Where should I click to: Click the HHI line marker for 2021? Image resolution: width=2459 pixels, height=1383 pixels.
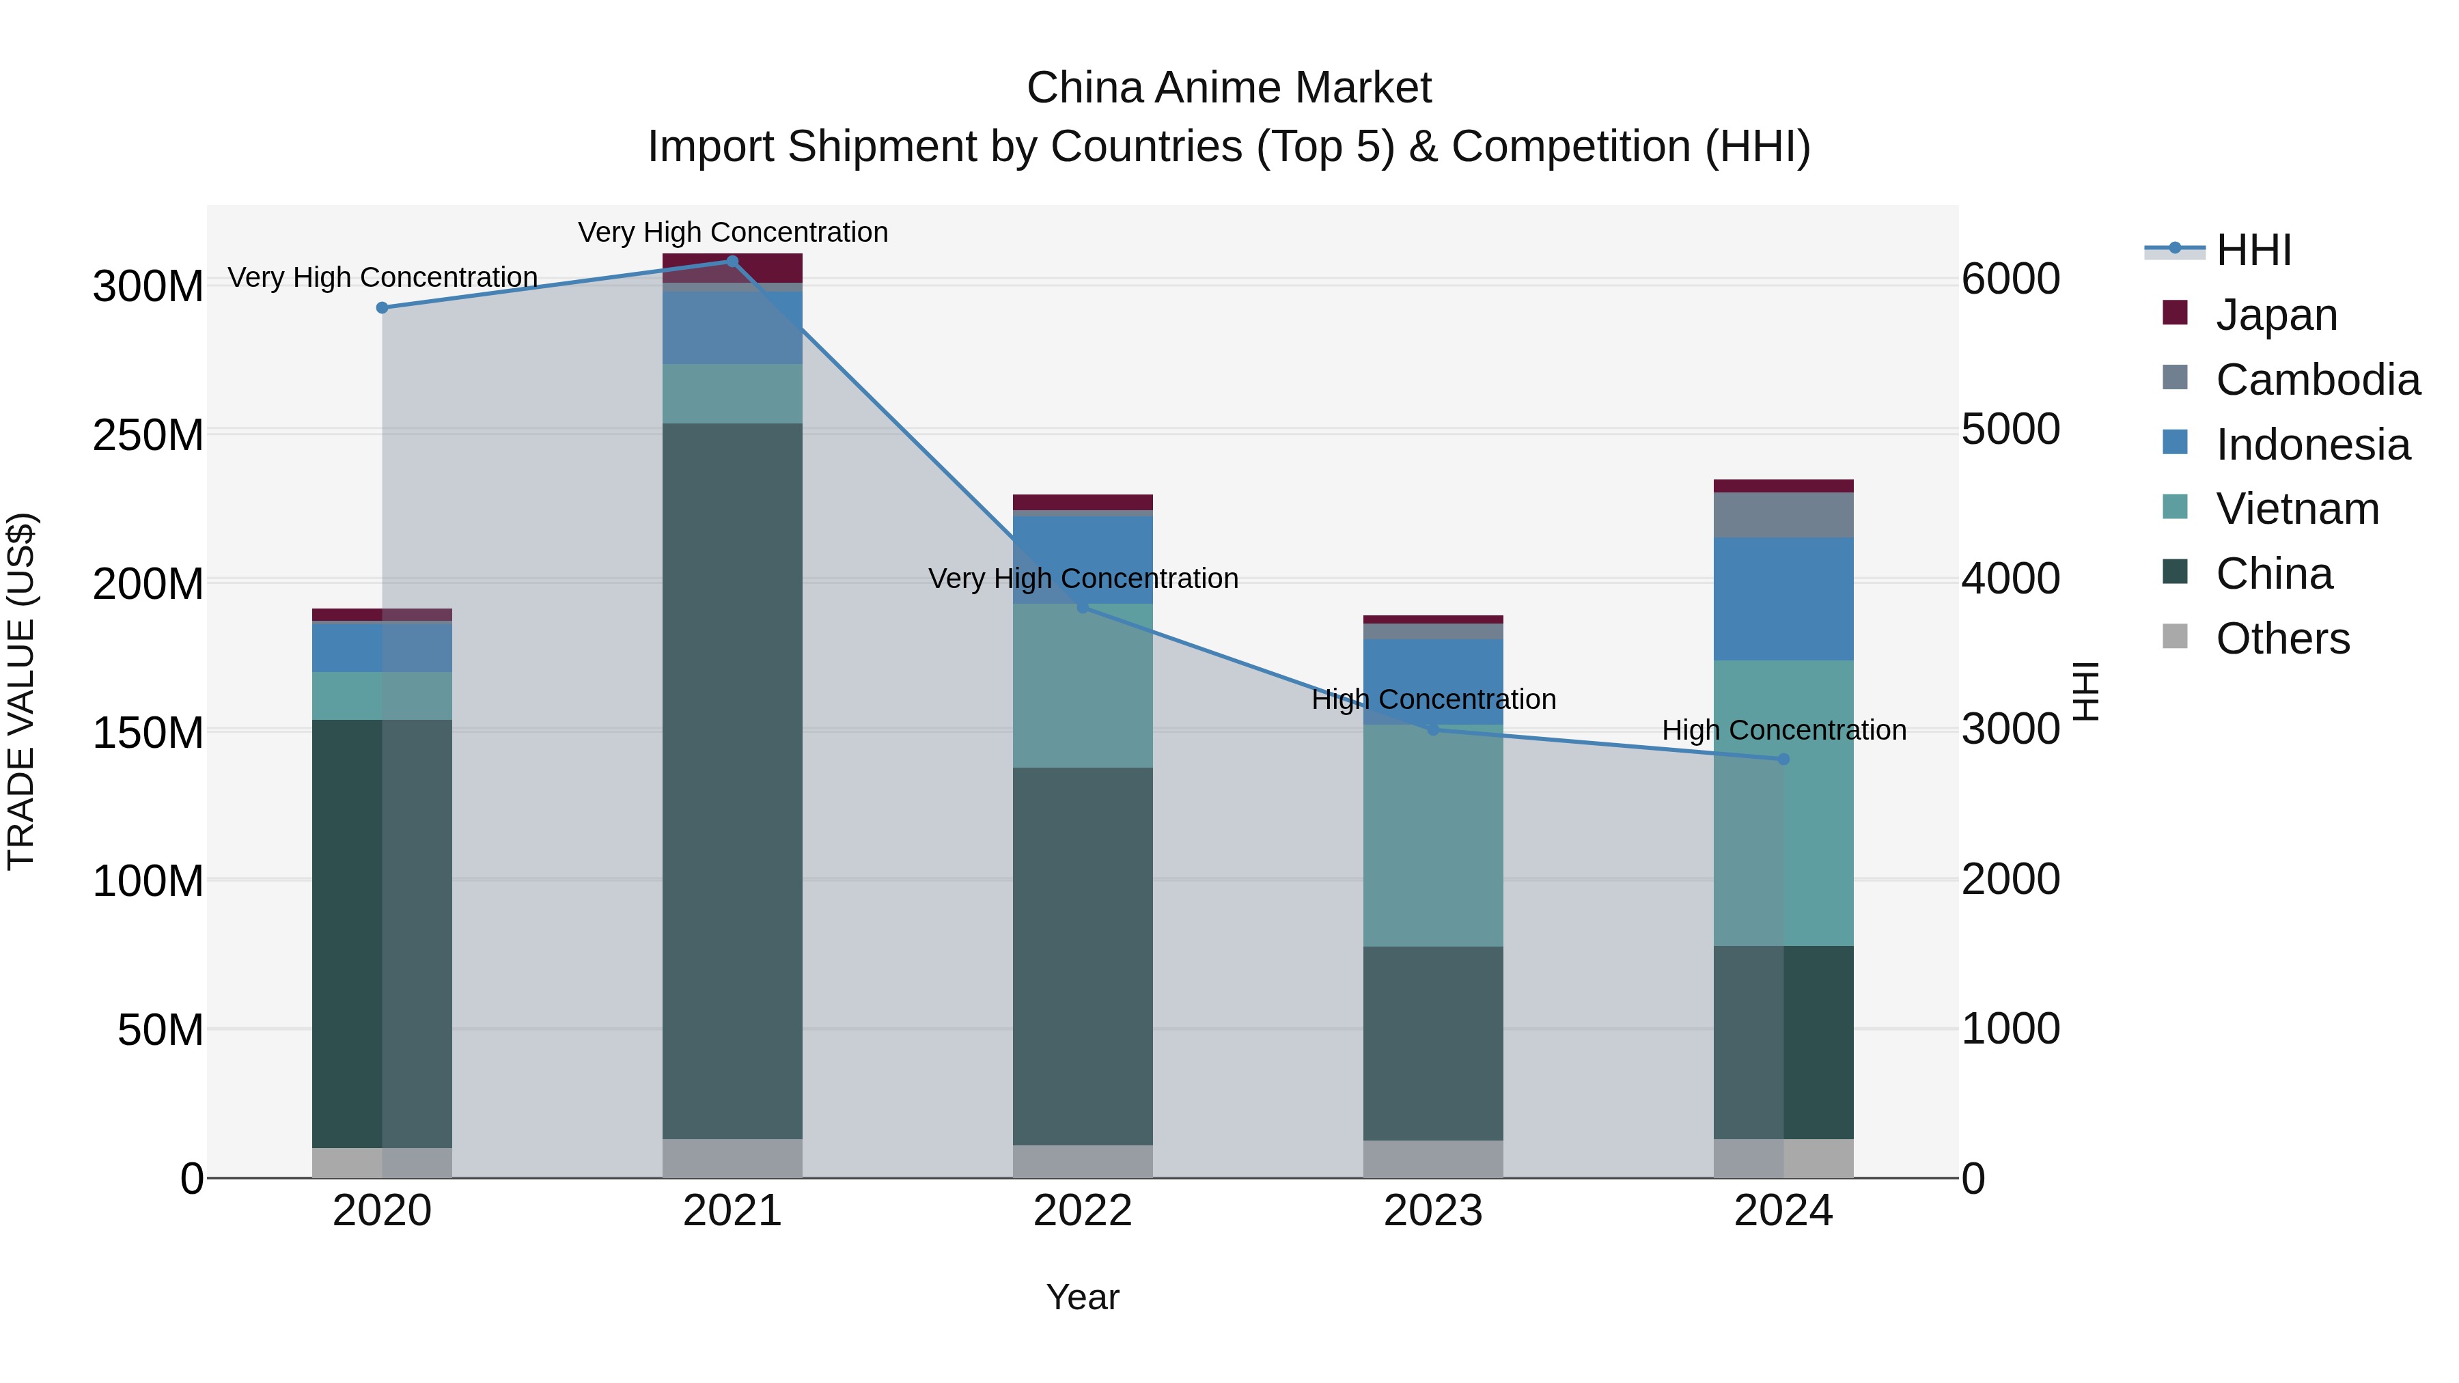[x=732, y=262]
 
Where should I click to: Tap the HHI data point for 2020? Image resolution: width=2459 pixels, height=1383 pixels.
[x=382, y=307]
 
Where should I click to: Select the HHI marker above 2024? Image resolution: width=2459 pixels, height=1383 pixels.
[x=1783, y=759]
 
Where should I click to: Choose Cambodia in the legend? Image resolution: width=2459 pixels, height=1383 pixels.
[x=2317, y=380]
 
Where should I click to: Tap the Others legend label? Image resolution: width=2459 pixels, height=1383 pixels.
[x=2282, y=639]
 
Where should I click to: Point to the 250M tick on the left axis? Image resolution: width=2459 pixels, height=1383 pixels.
[x=148, y=435]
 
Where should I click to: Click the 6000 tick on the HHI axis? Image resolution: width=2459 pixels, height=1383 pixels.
[x=2010, y=279]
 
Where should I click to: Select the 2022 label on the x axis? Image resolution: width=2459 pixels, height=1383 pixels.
[x=1083, y=1211]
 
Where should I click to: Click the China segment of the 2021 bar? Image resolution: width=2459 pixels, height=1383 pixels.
[x=732, y=781]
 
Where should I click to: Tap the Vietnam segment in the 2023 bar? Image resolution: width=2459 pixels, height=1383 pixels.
[x=1433, y=835]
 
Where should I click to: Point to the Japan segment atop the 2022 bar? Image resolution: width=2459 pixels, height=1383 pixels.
[x=1083, y=502]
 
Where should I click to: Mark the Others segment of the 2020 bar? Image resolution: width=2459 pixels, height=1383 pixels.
[x=382, y=1162]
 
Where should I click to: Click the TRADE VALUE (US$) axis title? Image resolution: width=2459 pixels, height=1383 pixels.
[x=21, y=691]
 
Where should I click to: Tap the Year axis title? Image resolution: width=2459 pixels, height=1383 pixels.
[x=1083, y=1297]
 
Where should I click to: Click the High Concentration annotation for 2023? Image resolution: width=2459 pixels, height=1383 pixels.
[x=1433, y=699]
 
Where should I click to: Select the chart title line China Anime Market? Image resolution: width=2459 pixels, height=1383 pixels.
[x=1229, y=88]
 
